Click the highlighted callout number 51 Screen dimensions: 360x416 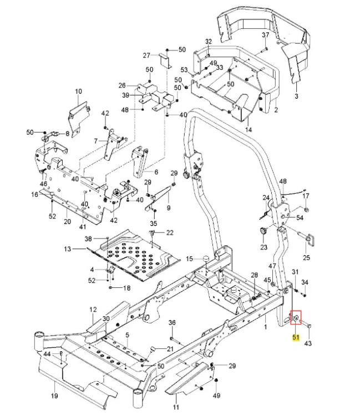pos(296,337)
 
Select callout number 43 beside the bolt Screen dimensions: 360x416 pos(308,343)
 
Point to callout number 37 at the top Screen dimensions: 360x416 pos(266,35)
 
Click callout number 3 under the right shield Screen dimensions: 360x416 pos(296,96)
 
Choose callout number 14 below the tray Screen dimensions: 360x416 pos(249,129)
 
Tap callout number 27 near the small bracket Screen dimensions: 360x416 pos(146,55)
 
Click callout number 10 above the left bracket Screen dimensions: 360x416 pos(79,92)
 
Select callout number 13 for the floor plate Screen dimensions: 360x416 pos(68,249)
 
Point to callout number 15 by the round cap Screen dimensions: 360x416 pos(189,258)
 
